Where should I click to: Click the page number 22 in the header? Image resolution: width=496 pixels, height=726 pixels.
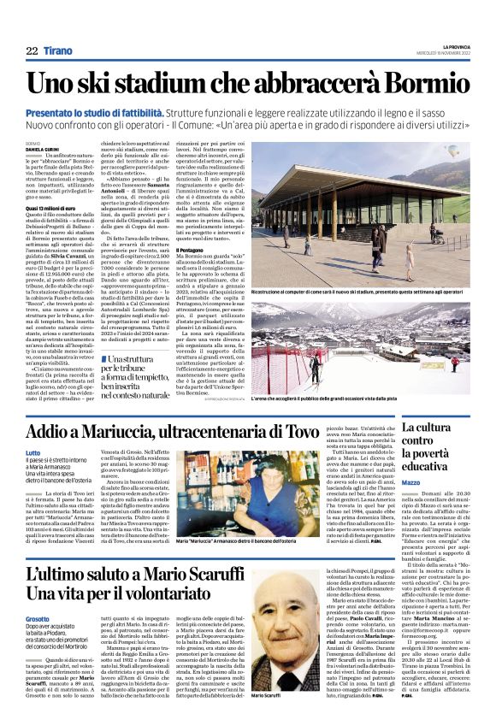pyautogui.click(x=32, y=50)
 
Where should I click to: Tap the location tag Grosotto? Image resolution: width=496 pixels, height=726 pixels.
pyautogui.click(x=38, y=617)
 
